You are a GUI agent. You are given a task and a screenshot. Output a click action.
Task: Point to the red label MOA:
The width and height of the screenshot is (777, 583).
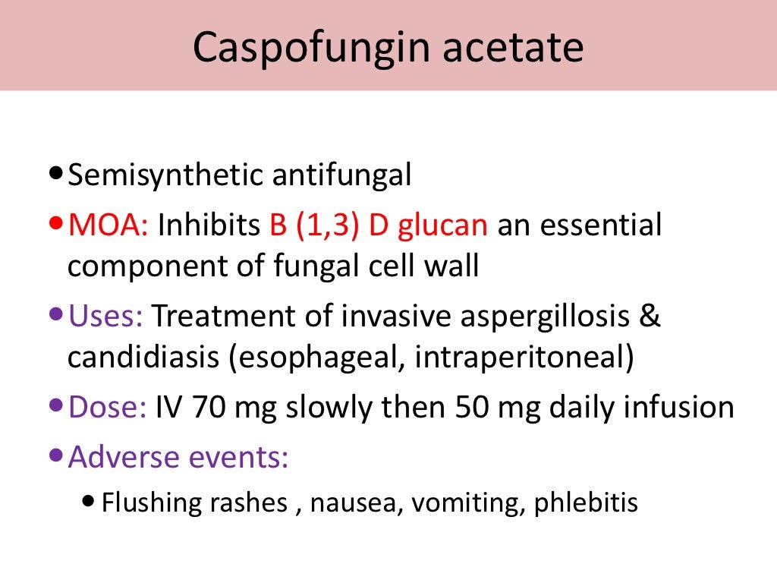click(109, 226)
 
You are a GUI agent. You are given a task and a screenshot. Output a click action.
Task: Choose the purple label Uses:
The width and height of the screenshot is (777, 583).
click(105, 317)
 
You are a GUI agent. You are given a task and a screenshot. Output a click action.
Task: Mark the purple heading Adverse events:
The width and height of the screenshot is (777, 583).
click(178, 458)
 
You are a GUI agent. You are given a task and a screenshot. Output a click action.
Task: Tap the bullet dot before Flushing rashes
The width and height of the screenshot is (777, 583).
click(91, 502)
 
